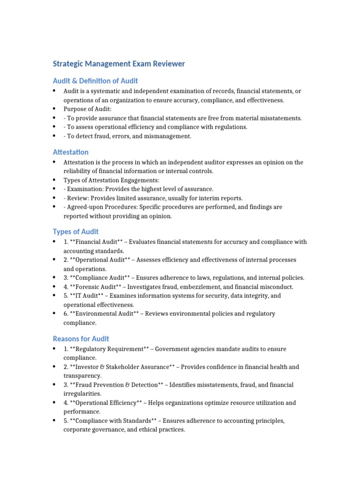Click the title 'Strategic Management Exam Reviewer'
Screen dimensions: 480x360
click(119, 64)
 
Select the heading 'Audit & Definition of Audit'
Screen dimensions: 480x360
click(95, 81)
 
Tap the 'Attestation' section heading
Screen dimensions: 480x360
click(70, 152)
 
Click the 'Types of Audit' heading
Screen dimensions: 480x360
click(75, 232)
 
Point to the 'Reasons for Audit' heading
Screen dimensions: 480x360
click(81, 338)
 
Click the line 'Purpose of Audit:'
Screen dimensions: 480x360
click(88, 109)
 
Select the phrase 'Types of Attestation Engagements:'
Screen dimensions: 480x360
click(111, 180)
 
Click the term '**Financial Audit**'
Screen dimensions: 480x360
click(96, 242)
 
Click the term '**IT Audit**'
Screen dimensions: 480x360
click(87, 296)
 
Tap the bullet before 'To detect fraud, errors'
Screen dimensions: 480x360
click(54, 136)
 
